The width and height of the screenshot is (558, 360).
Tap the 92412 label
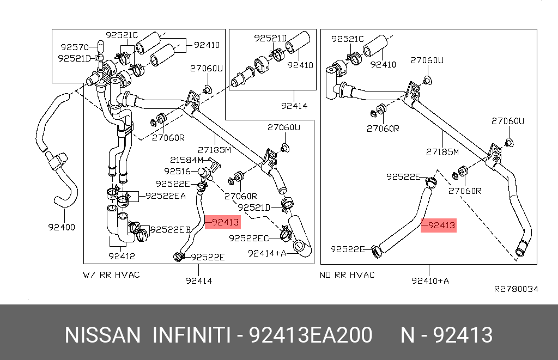pos(122,255)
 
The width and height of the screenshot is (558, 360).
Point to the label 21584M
pos(186,160)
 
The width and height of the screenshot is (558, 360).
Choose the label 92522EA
pos(165,196)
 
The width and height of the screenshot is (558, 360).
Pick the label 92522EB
pos(170,230)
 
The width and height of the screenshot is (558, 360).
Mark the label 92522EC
pos(249,238)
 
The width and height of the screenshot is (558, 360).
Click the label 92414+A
pos(267,253)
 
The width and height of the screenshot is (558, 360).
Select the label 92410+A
pos(430,280)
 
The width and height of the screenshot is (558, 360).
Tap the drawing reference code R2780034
pos(516,289)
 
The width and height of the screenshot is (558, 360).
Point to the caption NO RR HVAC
pos(347,274)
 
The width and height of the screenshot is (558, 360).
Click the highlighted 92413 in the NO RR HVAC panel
pos(439,225)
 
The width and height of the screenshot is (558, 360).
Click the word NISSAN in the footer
pos(102,335)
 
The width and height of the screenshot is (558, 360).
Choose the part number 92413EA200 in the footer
pos(311,335)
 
